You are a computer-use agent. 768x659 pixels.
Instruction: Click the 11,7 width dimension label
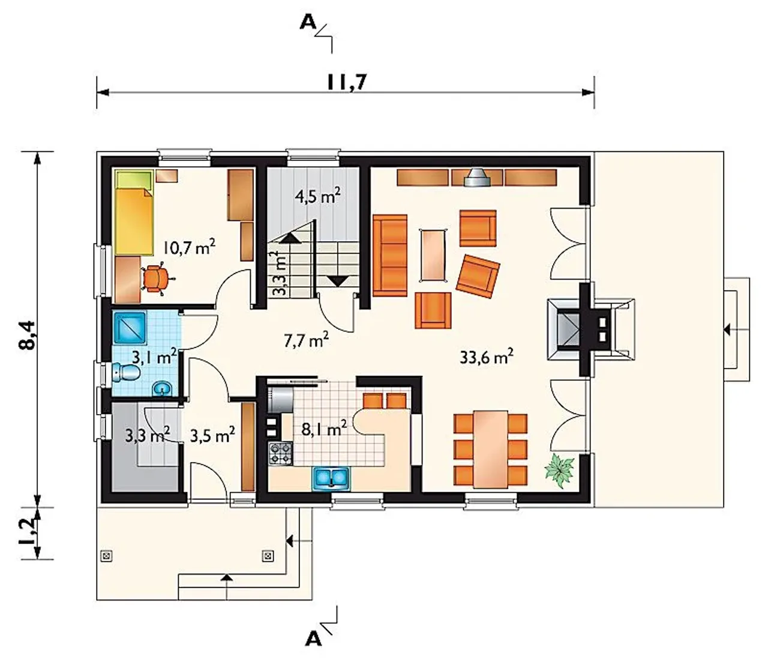click(347, 82)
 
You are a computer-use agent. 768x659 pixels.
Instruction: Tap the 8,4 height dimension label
click(28, 335)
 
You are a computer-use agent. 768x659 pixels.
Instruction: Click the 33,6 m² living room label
click(487, 358)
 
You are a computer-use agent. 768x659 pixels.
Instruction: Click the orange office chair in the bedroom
click(158, 278)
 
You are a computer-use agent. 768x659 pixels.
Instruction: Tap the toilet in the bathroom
click(125, 373)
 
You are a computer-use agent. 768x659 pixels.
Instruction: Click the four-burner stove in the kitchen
click(280, 454)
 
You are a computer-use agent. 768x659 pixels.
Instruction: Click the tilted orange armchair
click(478, 276)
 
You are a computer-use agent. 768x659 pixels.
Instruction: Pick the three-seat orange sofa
click(390, 255)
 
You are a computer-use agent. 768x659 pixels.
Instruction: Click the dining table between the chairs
click(490, 449)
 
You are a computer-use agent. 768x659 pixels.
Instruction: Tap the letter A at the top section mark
click(308, 23)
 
